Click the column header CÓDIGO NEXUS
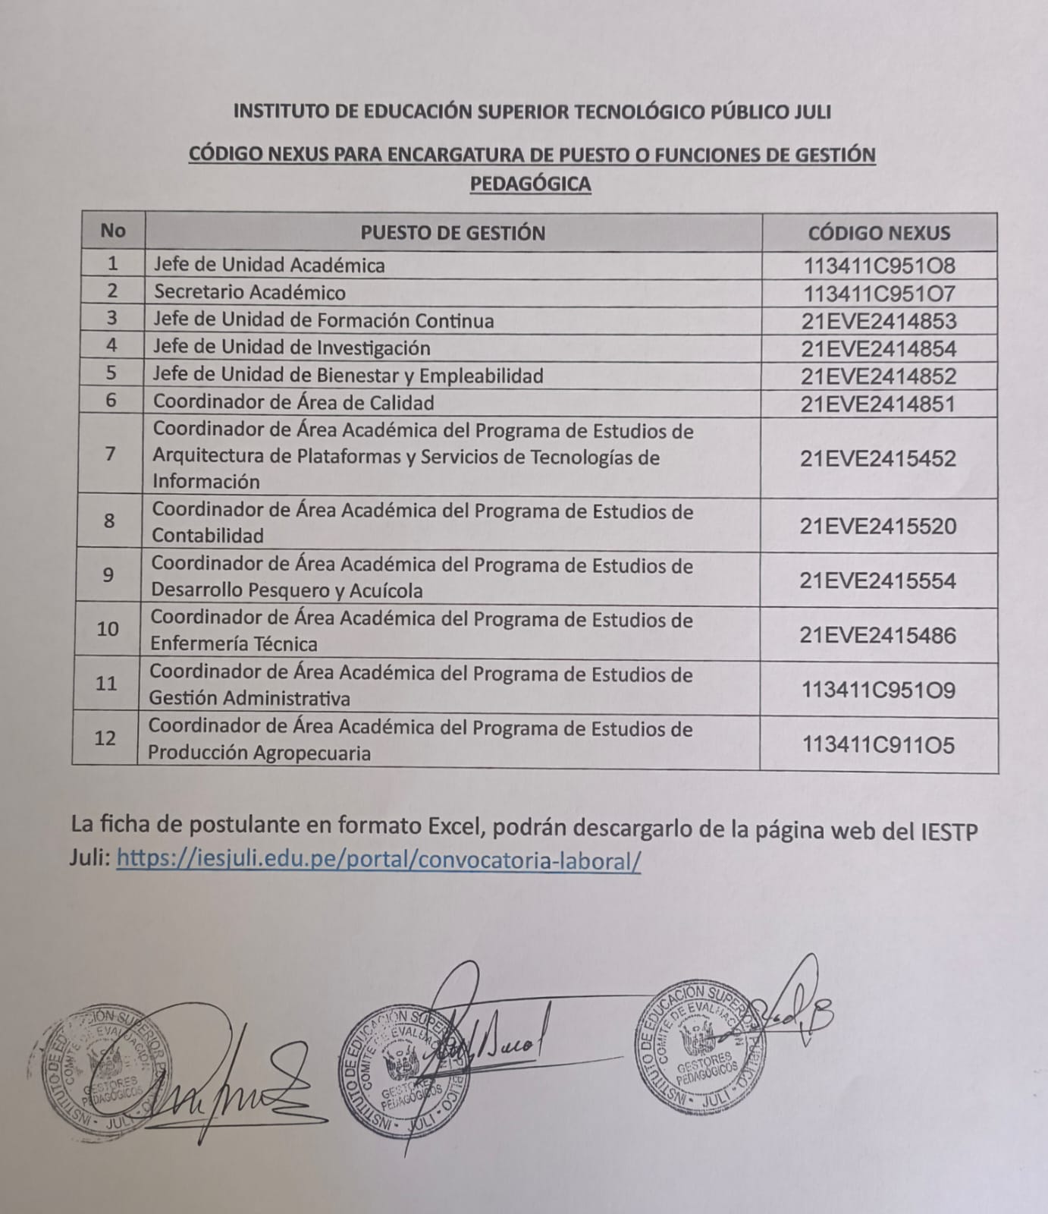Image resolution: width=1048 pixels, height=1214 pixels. [x=878, y=233]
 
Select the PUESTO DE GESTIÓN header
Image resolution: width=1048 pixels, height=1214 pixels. [x=453, y=233]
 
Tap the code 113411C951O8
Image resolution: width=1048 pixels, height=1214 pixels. [x=879, y=266]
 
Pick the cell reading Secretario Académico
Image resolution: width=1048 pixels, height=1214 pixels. [x=249, y=292]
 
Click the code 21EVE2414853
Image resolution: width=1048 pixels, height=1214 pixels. [x=879, y=321]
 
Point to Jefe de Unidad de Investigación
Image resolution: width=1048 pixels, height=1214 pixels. [x=292, y=348]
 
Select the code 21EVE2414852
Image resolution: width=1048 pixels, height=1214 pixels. [x=879, y=376]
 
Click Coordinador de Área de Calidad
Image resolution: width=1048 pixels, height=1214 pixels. [x=293, y=402]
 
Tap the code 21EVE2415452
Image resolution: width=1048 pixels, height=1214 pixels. [x=878, y=458]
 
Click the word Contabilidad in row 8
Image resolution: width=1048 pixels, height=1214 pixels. [x=208, y=536]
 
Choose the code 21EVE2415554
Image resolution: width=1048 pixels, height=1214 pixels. [x=878, y=581]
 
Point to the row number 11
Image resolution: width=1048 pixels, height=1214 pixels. [x=106, y=684]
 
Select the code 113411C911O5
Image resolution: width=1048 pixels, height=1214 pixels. [x=878, y=745]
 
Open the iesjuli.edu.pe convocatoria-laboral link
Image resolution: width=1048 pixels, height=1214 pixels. [x=378, y=860]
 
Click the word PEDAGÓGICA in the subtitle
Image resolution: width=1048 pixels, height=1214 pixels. [x=530, y=184]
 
